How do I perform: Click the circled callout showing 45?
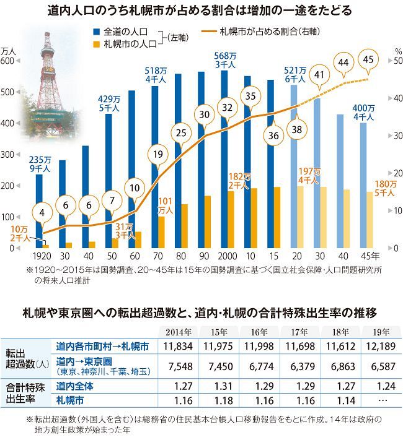[x=369, y=60]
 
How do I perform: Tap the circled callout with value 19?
[x=158, y=155]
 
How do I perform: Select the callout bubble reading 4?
[x=41, y=214]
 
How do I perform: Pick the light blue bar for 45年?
[x=363, y=185]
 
